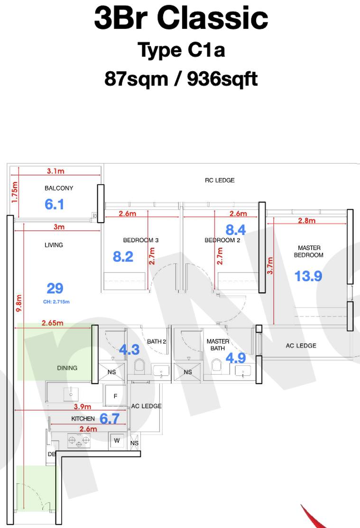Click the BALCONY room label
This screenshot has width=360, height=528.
coord(59,188)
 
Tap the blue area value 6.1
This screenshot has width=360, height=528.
coord(54,204)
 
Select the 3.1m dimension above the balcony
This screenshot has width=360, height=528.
coord(55,171)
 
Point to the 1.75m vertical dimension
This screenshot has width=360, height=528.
coord(15,192)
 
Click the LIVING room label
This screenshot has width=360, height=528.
coord(54,245)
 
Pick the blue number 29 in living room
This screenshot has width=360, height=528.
coord(55,288)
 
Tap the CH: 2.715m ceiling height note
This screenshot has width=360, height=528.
coord(56,302)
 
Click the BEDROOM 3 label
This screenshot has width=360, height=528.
coord(141,240)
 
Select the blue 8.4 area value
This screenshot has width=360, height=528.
coord(236,230)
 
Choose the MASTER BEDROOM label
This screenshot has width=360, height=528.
coord(309,251)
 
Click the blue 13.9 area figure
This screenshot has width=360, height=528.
coord(308,276)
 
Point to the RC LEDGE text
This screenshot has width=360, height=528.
coord(220,180)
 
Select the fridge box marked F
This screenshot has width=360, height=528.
coord(115,396)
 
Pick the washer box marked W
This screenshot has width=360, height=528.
coord(117,440)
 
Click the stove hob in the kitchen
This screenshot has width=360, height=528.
coord(79,440)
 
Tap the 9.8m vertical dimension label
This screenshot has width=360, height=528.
coord(19,303)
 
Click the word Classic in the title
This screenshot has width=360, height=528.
coord(212,18)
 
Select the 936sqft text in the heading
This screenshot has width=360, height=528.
coord(222,79)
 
